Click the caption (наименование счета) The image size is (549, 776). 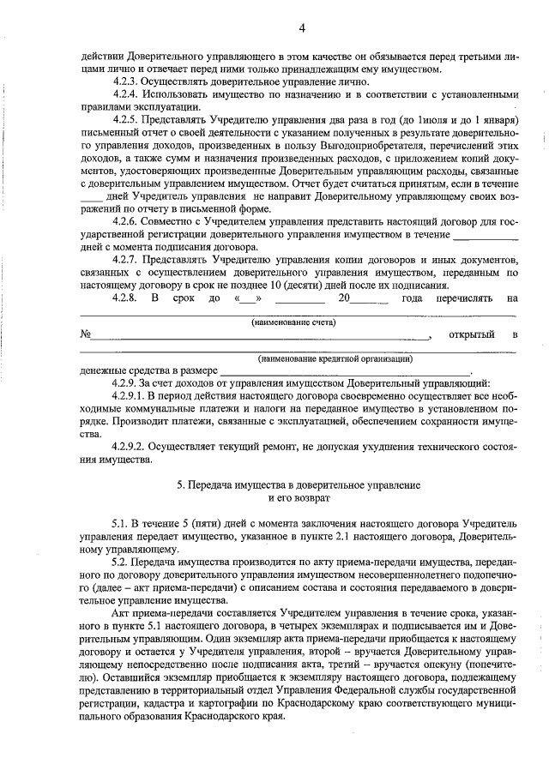pos(294,322)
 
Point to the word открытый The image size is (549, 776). pos(473,334)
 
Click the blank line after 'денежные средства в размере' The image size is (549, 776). pos(343,371)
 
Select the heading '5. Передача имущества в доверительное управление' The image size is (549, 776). pos(299,485)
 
